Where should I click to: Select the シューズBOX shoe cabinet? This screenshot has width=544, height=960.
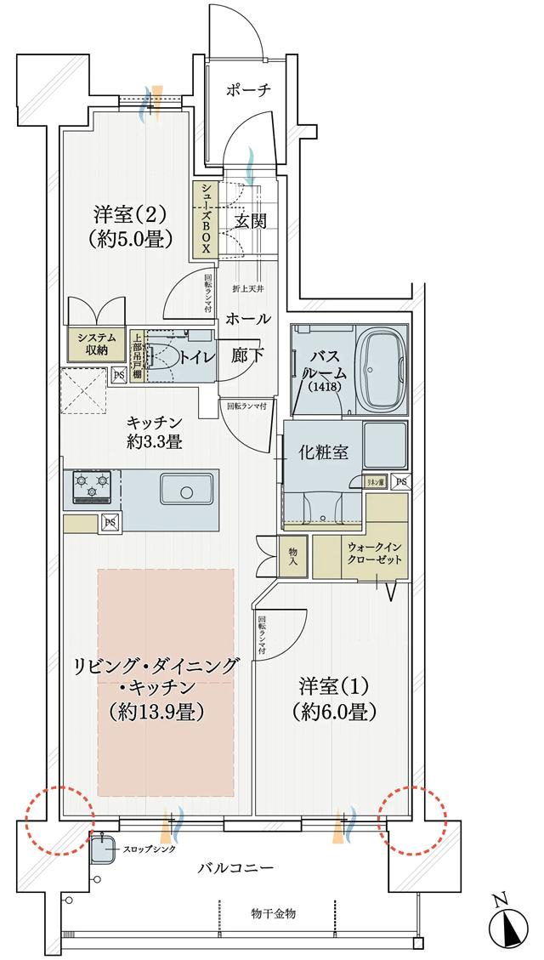tap(205, 219)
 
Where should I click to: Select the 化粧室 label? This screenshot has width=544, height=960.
tap(323, 452)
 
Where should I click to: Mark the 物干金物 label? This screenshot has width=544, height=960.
tap(274, 912)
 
